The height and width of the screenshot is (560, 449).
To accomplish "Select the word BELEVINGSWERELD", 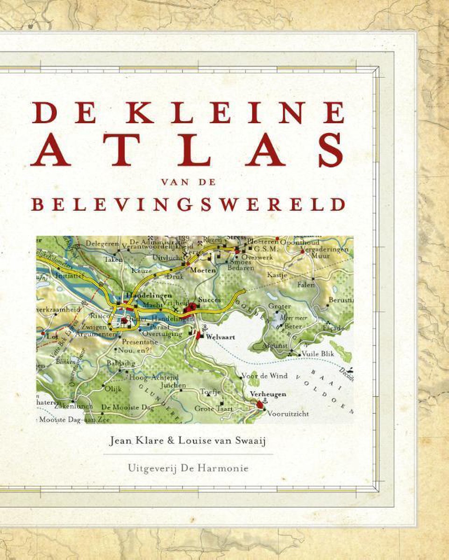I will (x=188, y=204).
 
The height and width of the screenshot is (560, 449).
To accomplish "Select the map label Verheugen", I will (x=268, y=394).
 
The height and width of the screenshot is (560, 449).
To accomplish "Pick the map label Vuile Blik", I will (x=318, y=354).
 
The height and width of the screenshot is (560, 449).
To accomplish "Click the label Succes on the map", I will (x=209, y=300).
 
